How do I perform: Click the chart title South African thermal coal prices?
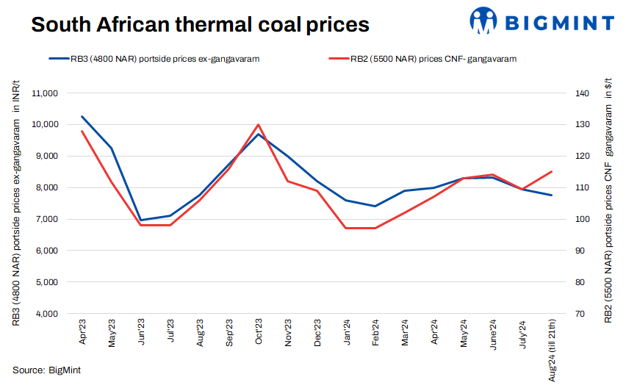click(x=199, y=24)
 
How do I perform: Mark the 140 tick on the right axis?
click(x=582, y=93)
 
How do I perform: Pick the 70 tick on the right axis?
click(x=580, y=314)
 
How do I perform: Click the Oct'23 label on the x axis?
click(x=259, y=333)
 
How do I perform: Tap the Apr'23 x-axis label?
click(x=82, y=333)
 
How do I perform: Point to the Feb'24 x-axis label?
click(x=376, y=333)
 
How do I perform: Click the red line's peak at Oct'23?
click(x=259, y=125)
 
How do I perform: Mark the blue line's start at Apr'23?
click(x=82, y=116)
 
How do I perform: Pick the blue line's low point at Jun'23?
click(x=141, y=220)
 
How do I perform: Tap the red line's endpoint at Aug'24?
click(x=552, y=172)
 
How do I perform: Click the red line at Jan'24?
click(x=347, y=228)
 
